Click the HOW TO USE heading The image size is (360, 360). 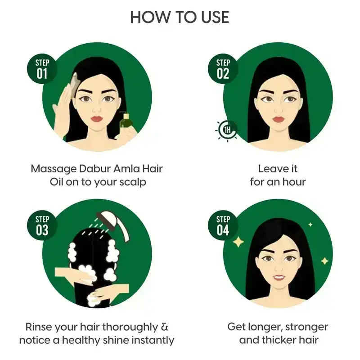click(x=180, y=17)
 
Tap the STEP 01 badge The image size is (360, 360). click(x=42, y=68)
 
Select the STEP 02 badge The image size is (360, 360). click(x=223, y=68)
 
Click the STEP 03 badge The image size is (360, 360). click(x=42, y=225)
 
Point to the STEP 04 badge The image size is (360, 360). click(x=223, y=225)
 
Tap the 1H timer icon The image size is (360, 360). click(x=227, y=130)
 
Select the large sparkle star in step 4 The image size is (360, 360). click(x=238, y=242)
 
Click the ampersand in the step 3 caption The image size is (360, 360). click(x=166, y=326)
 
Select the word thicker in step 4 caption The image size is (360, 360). click(x=280, y=340)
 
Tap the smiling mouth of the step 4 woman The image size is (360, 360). click(x=279, y=276)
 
